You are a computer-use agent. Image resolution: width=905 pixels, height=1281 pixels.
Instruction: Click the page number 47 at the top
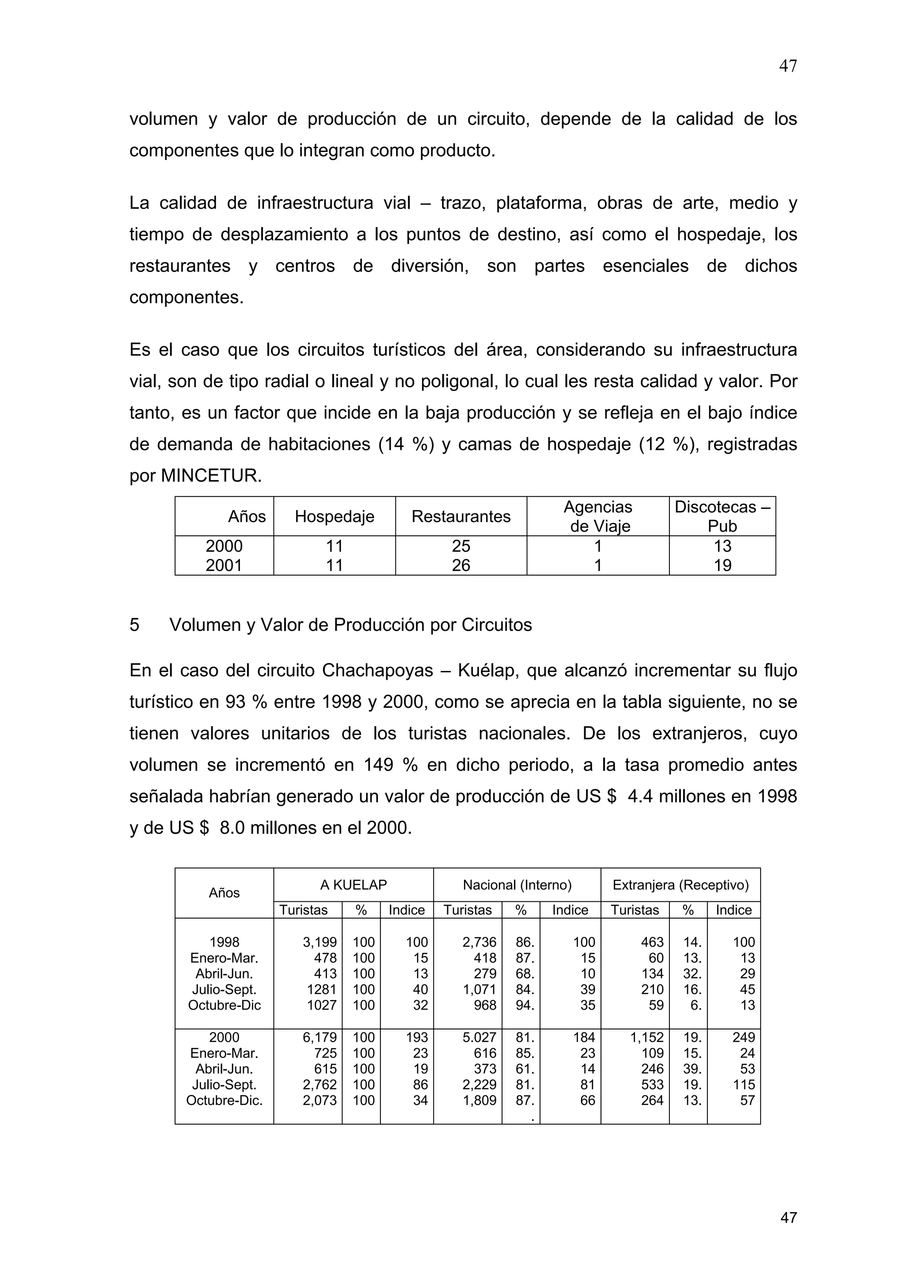pos(787,66)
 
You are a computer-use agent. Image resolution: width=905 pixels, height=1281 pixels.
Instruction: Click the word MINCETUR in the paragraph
pos(211,476)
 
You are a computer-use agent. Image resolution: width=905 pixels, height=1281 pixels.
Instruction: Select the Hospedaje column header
pos(334,517)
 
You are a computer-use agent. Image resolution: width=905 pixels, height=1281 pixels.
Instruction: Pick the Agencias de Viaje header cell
pos(598,516)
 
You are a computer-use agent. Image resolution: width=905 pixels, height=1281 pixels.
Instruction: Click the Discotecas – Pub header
pos(722,516)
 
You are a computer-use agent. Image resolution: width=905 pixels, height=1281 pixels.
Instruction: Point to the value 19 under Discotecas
pos(722,565)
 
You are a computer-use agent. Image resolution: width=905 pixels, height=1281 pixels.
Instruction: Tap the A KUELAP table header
pos(353,885)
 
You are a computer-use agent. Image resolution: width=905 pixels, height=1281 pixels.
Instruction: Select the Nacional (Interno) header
pos(517,885)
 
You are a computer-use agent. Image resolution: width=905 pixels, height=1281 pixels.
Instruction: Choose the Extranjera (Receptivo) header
pos(680,885)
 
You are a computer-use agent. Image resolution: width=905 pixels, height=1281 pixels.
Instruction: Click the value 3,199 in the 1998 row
pos(319,942)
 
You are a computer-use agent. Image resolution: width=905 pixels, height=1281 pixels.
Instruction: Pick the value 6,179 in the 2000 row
pos(319,1037)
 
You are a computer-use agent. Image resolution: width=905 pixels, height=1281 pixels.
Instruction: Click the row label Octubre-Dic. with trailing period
pos(224,1100)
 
